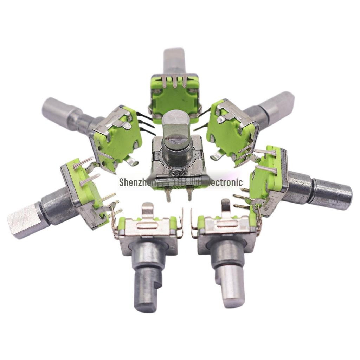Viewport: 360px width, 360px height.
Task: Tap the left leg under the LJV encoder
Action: pos(168,195)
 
